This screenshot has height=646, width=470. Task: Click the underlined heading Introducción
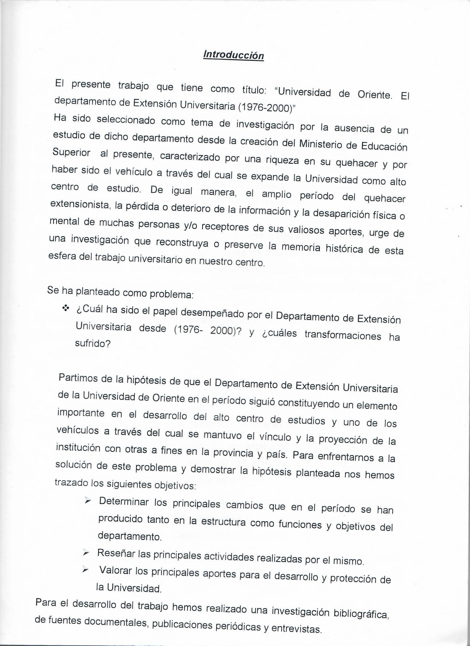click(x=234, y=55)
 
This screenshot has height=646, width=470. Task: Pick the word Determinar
click(x=124, y=502)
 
